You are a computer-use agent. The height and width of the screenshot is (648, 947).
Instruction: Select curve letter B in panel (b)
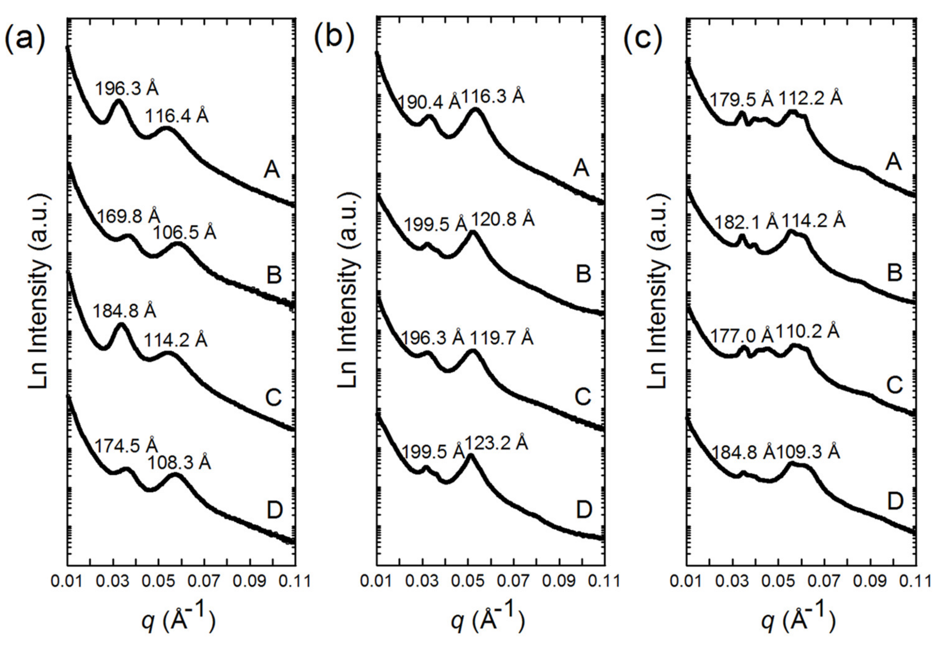pyautogui.click(x=583, y=275)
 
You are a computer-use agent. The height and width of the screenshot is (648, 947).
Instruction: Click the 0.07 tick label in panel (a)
pyautogui.click(x=205, y=581)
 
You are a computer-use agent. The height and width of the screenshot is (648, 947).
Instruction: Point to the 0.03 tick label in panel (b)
pyautogui.click(x=422, y=581)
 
